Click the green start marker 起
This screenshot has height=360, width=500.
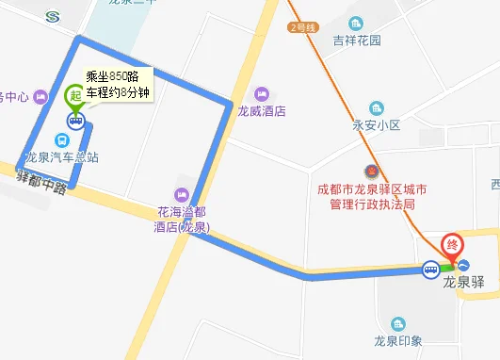tap(74, 95)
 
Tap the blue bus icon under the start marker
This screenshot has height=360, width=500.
tap(74, 120)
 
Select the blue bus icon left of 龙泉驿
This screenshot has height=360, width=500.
tap(429, 270)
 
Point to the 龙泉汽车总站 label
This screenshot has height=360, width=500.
tap(62, 157)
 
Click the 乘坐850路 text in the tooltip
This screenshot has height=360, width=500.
tap(112, 76)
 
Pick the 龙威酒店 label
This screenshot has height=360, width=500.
tap(261, 110)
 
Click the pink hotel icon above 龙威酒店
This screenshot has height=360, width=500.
tap(261, 93)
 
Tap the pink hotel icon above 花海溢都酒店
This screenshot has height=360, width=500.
tap(182, 194)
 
